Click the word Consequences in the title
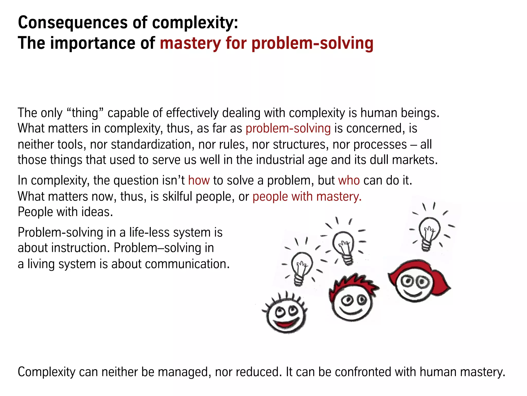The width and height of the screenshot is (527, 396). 73,23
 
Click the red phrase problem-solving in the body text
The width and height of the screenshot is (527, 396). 288,128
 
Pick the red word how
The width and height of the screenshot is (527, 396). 199,180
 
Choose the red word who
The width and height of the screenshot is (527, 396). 349,180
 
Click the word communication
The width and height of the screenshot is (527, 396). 187,264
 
